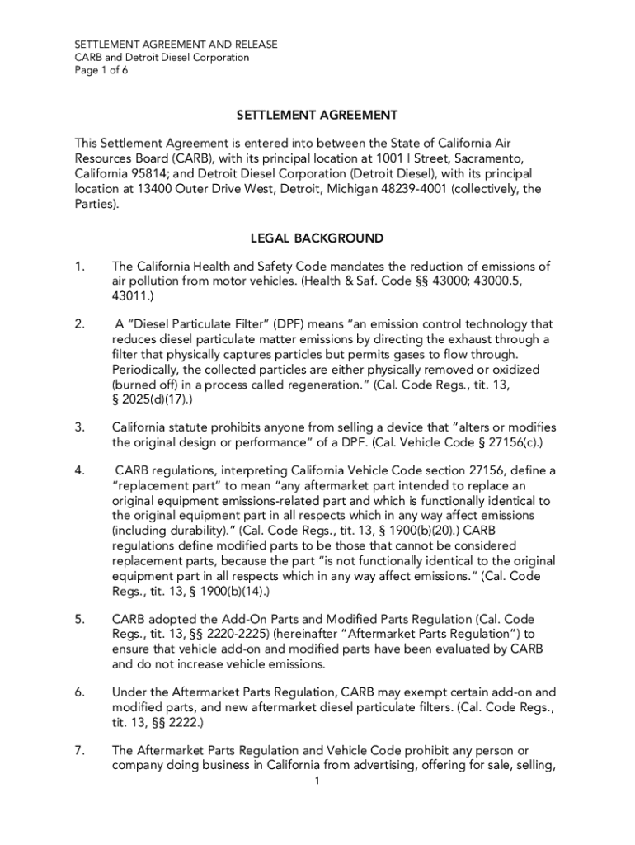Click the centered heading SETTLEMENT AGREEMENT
[317, 115]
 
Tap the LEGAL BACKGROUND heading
[317, 238]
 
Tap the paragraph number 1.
[79, 266]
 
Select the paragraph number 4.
[79, 470]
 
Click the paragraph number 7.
[79, 750]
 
